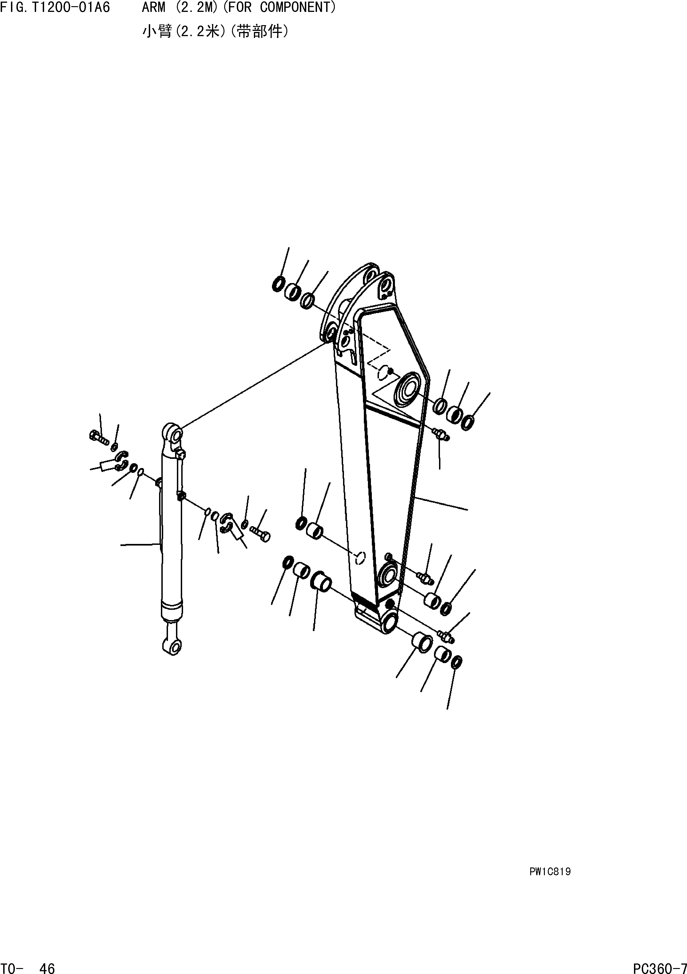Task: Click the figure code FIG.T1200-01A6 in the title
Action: pos(55,7)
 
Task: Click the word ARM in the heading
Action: pos(154,7)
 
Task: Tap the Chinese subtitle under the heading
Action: pos(216,32)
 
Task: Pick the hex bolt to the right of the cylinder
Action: pos(260,533)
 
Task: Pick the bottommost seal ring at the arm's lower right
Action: pos(457,661)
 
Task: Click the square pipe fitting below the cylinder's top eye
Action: pos(181,455)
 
